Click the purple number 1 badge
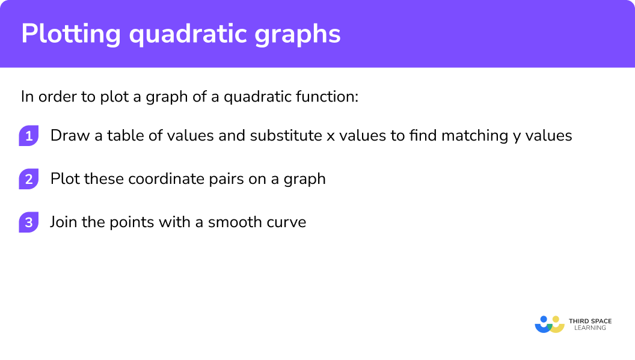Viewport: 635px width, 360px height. (28, 136)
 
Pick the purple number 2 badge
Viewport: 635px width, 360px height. (28, 179)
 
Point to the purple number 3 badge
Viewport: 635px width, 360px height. (28, 222)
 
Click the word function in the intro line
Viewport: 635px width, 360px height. (331, 97)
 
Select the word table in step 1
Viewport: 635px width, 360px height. (123, 136)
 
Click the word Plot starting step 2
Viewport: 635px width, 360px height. (64, 179)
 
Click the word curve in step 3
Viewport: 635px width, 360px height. (287, 222)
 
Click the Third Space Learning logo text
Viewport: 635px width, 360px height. (590, 325)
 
